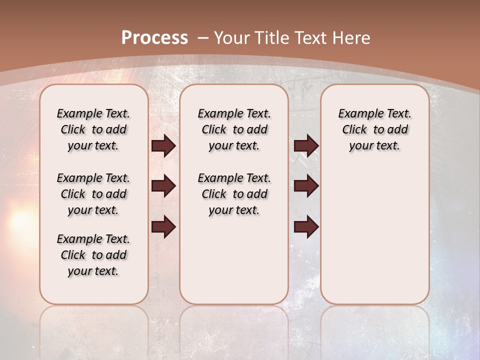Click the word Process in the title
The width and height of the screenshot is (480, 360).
tap(154, 38)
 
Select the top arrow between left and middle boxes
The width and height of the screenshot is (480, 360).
tap(163, 145)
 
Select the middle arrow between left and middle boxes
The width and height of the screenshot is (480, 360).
tap(163, 186)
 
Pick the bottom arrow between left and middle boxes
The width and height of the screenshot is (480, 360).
tap(163, 227)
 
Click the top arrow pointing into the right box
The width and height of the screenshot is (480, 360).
tap(306, 145)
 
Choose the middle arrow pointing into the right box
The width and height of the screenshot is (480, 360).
tap(306, 186)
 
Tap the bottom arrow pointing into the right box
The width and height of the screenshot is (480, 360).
tap(306, 227)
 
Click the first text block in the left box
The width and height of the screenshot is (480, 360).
tap(93, 129)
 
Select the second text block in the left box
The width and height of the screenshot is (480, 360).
tap(93, 194)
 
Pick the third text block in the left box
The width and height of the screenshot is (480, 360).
tap(93, 255)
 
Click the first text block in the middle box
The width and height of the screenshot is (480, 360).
tap(234, 129)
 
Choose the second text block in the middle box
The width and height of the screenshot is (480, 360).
tap(234, 194)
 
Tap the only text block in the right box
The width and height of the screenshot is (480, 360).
tap(375, 129)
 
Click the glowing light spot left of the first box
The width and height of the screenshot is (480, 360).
tap(20, 220)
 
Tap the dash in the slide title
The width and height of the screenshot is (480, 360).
tap(203, 38)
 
